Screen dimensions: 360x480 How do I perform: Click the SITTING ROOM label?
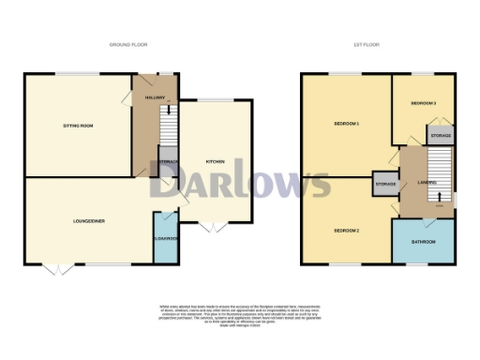click(77, 125)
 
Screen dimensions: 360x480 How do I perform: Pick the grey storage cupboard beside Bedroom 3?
click(441, 136)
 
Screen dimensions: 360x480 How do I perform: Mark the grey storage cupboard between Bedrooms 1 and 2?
click(385, 183)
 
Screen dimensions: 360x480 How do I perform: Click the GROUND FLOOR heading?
click(129, 45)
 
